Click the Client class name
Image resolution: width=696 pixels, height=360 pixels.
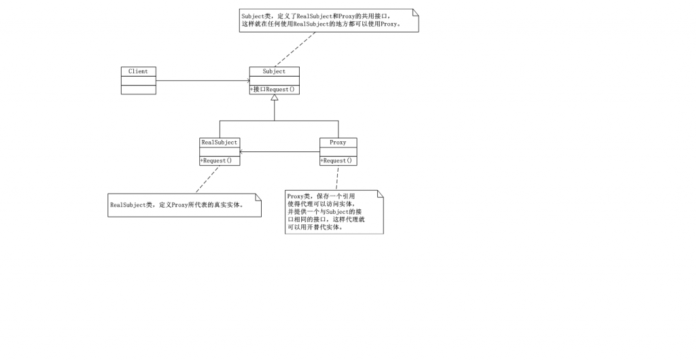pyautogui.click(x=138, y=71)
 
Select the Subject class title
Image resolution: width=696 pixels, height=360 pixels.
pyautogui.click(x=274, y=71)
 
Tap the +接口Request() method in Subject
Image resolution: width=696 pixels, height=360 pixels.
pyautogui.click(x=273, y=90)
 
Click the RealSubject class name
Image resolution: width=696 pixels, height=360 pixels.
pyautogui.click(x=219, y=143)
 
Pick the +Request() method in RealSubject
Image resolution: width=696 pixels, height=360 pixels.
pyautogui.click(x=216, y=161)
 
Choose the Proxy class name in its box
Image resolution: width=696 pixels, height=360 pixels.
pyautogui.click(x=338, y=143)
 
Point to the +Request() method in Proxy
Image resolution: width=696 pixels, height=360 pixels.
pyautogui.click(x=337, y=161)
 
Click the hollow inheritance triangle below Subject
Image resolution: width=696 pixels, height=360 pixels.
pyautogui.click(x=275, y=98)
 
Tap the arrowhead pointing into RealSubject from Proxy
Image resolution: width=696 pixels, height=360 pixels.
pyautogui.click(x=243, y=151)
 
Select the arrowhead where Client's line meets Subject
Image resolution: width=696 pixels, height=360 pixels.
pyautogui.click(x=247, y=81)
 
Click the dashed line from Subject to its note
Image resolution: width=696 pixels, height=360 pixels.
pyautogui.click(x=295, y=49)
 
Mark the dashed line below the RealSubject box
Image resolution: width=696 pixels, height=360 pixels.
pyautogui.click(x=207, y=179)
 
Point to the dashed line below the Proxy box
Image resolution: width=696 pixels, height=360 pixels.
pyautogui.click(x=337, y=178)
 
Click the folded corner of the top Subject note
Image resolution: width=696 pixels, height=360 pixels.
pyautogui.click(x=415, y=12)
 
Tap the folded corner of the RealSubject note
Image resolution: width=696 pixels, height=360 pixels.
pyautogui.click(x=258, y=197)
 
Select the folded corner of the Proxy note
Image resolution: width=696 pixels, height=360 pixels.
pyautogui.click(x=380, y=194)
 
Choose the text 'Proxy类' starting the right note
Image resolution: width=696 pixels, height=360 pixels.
pyautogui.click(x=299, y=196)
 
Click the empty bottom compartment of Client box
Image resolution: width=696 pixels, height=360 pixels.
pyautogui.click(x=138, y=90)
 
